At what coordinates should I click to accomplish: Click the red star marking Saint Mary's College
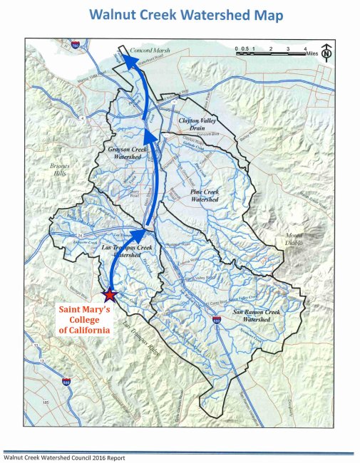[110, 294]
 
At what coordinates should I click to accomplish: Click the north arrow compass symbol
[325, 51]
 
